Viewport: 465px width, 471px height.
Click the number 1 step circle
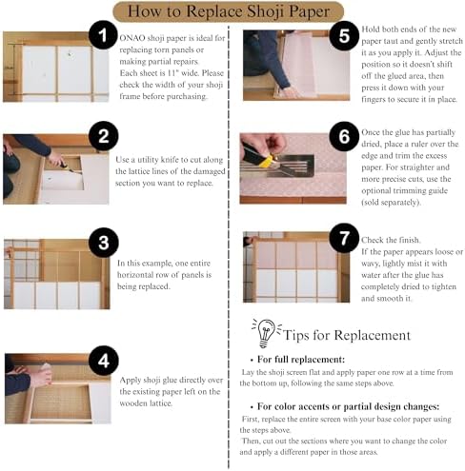(x=103, y=35)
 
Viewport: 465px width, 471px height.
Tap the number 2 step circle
(x=104, y=136)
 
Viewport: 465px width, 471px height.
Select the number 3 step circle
(x=104, y=243)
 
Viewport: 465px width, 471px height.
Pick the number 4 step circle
(x=104, y=361)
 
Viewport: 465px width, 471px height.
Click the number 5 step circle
(x=344, y=35)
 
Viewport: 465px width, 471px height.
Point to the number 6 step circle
(x=344, y=136)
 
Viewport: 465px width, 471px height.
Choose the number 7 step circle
(x=344, y=238)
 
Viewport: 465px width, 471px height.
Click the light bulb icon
(x=266, y=333)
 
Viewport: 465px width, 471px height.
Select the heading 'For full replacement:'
(x=301, y=360)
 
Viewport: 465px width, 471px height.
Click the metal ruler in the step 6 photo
(x=277, y=167)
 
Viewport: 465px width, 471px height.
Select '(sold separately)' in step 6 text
(x=391, y=203)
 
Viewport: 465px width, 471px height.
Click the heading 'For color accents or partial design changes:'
(x=349, y=406)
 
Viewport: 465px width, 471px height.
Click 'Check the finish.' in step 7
(x=391, y=240)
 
